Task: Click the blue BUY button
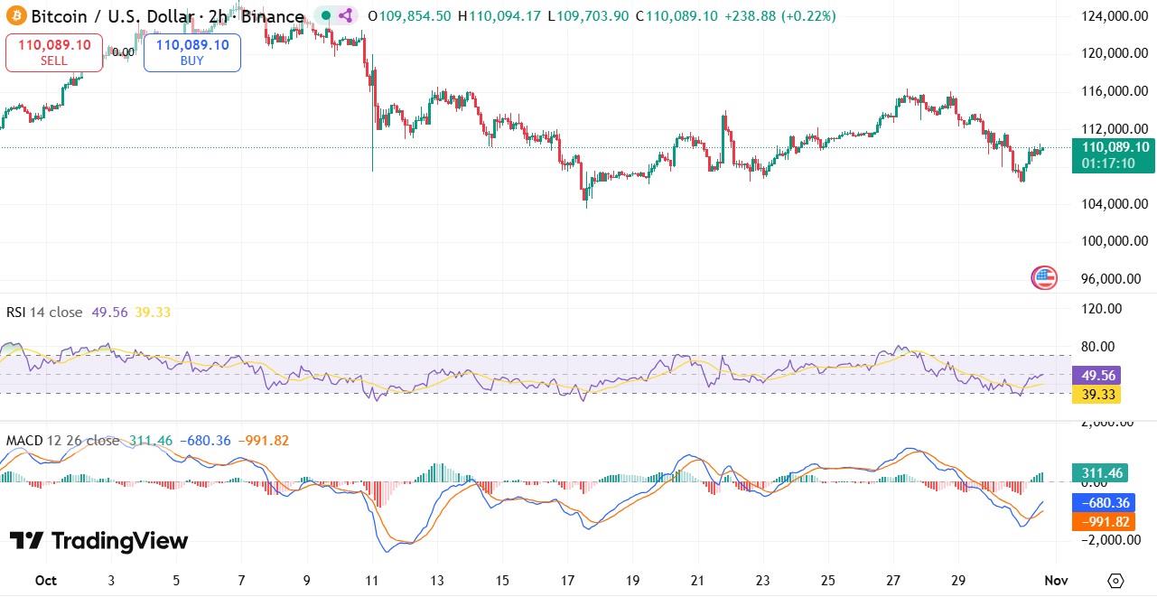(x=192, y=52)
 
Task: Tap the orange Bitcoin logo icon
(x=14, y=16)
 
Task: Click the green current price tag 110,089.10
(x=1110, y=154)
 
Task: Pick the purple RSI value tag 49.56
(x=1096, y=375)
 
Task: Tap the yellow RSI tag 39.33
(x=1096, y=394)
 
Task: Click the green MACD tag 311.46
(x=1096, y=472)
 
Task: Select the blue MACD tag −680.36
(x=1096, y=503)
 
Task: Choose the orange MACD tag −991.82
(x=1096, y=521)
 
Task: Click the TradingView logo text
(x=99, y=541)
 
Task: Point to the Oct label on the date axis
(x=45, y=580)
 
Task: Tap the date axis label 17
(x=567, y=580)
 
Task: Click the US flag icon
(x=1044, y=278)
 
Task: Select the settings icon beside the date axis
(x=1115, y=580)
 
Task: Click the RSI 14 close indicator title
(x=43, y=312)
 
